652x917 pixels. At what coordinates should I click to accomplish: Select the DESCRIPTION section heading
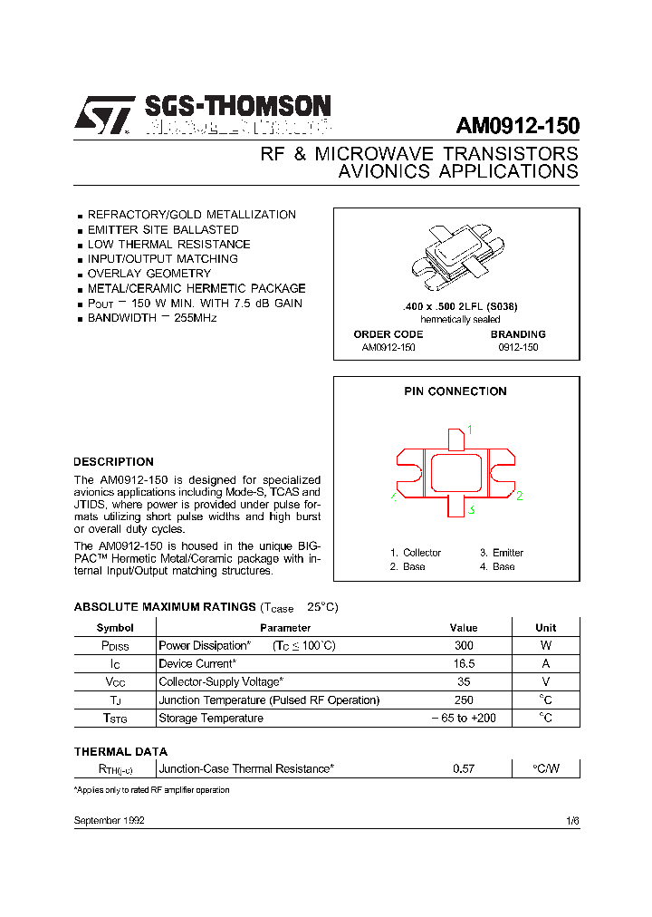click(113, 461)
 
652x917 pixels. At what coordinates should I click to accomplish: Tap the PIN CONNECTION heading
click(455, 391)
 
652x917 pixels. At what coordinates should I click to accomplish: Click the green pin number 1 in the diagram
click(470, 430)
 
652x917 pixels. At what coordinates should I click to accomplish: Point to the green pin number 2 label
click(520, 496)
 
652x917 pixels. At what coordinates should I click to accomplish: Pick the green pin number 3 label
click(472, 510)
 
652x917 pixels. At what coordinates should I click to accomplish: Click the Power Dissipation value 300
click(464, 646)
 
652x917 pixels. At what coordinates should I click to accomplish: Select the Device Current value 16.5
click(464, 663)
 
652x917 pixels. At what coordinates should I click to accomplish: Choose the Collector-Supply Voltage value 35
click(464, 681)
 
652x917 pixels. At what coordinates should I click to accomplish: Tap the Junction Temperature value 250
click(464, 700)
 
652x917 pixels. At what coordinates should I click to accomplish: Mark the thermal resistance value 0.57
click(464, 768)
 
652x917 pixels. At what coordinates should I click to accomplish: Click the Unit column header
click(546, 627)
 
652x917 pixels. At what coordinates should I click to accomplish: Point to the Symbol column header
click(115, 627)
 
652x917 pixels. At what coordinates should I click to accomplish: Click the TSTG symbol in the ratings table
click(115, 719)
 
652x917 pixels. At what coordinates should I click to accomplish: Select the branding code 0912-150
click(518, 347)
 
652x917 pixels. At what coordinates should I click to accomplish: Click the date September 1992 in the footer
click(109, 819)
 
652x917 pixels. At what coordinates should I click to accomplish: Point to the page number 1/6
click(572, 819)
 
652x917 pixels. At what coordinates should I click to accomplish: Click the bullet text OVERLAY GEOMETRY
click(149, 273)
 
